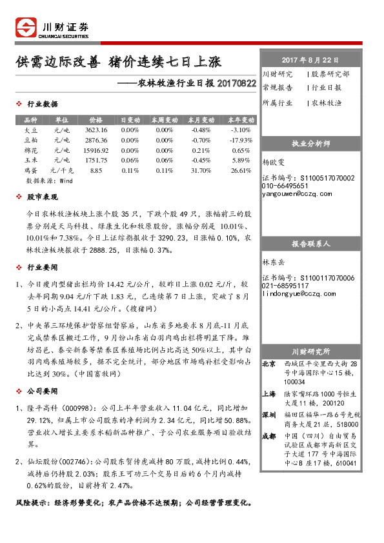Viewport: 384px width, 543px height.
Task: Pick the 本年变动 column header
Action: click(241, 120)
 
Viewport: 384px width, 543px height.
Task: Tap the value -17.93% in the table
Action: click(241, 140)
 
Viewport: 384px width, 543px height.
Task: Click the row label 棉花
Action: click(31, 150)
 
